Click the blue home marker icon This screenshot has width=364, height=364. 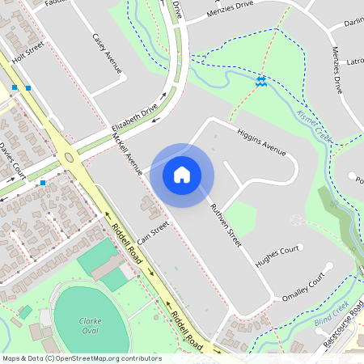(x=182, y=174)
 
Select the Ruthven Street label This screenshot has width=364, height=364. (x=226, y=224)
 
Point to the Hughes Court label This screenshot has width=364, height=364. (x=277, y=257)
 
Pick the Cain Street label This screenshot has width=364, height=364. (x=153, y=232)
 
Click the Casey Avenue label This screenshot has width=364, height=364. (x=107, y=53)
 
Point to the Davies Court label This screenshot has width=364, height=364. (x=13, y=160)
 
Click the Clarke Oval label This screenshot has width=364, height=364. (x=90, y=325)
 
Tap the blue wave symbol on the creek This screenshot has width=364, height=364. (x=261, y=82)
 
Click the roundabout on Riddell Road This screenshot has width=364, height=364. (x=70, y=159)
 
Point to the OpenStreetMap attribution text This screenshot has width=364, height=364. (x=82, y=358)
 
